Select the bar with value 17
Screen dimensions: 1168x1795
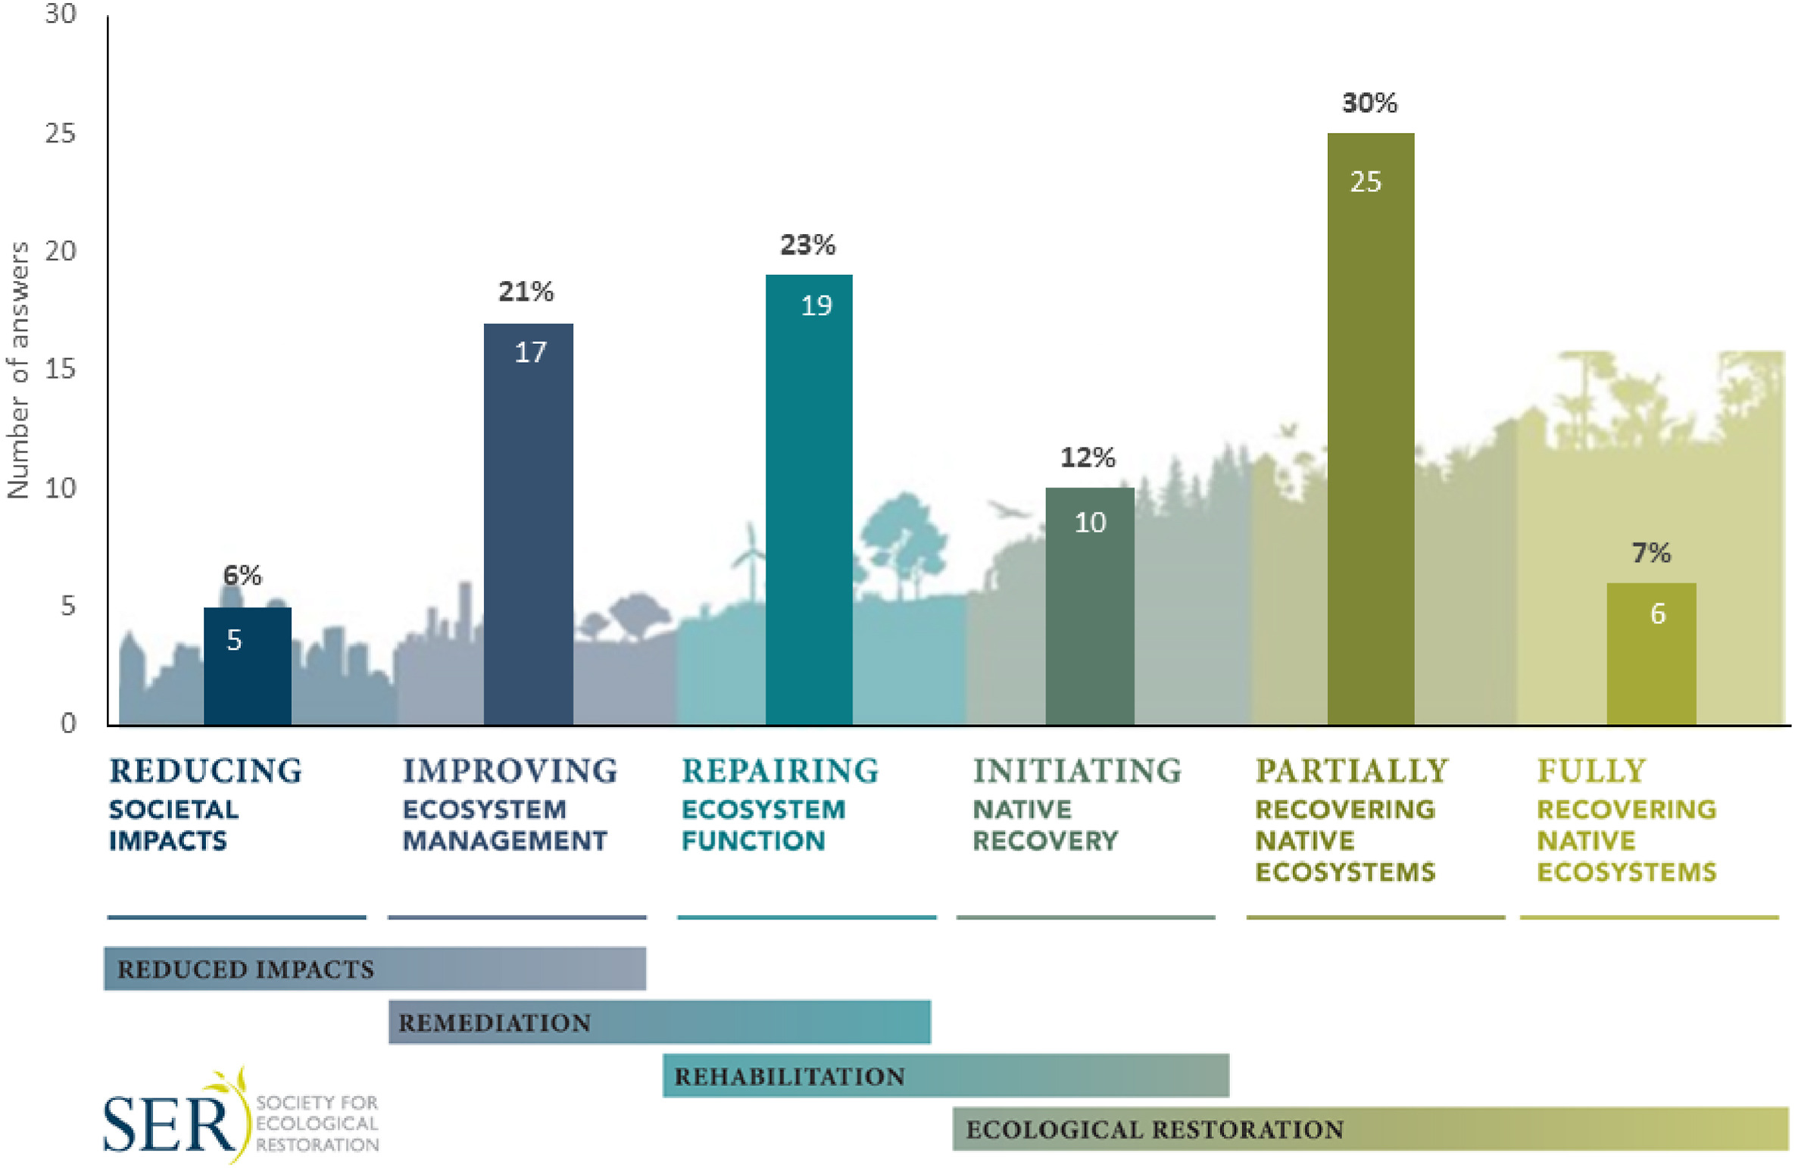click(528, 523)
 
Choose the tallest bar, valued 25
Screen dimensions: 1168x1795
click(1370, 428)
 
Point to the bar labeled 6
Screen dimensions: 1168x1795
click(1651, 653)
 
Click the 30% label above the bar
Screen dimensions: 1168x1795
click(1369, 102)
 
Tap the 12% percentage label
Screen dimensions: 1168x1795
click(1088, 457)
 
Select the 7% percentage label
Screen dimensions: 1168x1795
click(1651, 552)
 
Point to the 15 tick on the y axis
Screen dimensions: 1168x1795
click(61, 369)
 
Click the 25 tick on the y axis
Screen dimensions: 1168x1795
click(61, 133)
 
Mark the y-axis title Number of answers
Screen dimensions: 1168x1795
click(18, 370)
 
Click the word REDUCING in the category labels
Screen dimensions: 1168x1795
click(205, 770)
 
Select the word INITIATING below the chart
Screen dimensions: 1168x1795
click(1077, 770)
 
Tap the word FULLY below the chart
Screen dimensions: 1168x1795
click(1591, 770)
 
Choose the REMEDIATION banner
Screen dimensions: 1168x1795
click(659, 1022)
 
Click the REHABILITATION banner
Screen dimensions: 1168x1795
click(945, 1075)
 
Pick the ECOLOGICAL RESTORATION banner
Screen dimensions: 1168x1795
click(1369, 1129)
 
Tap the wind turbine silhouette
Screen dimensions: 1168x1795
click(750, 561)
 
